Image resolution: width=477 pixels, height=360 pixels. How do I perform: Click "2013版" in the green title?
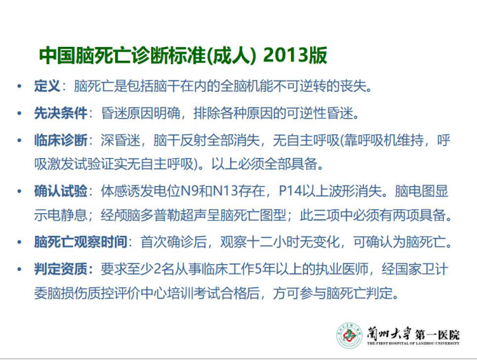(x=295, y=55)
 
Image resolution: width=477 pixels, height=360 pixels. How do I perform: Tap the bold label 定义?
(x=47, y=86)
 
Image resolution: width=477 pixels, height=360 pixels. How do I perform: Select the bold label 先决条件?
(x=61, y=113)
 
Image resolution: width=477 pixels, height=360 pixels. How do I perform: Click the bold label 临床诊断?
(x=61, y=141)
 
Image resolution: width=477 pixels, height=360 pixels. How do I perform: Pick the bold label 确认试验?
(x=61, y=192)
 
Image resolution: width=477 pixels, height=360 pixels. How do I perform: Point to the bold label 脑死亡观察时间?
(x=81, y=242)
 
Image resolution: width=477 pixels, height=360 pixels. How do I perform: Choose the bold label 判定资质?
(x=61, y=270)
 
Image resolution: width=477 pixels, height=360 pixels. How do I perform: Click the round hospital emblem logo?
(x=349, y=336)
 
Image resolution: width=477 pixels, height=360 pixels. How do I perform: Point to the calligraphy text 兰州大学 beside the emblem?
(x=389, y=334)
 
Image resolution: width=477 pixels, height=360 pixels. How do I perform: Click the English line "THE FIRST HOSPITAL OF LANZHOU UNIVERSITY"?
(x=413, y=343)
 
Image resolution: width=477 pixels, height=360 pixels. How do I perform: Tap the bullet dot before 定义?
(x=19, y=86)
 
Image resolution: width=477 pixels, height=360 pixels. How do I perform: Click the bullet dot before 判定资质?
(x=19, y=270)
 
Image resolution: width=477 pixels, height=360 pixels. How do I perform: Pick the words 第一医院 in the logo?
(x=438, y=334)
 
